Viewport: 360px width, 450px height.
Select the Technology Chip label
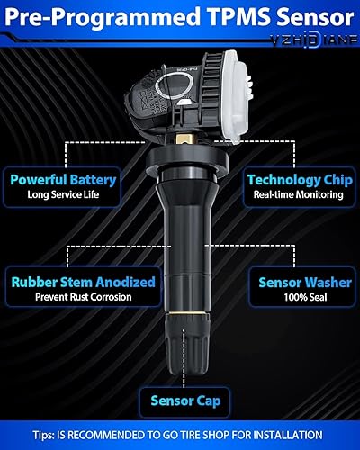(297, 179)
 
